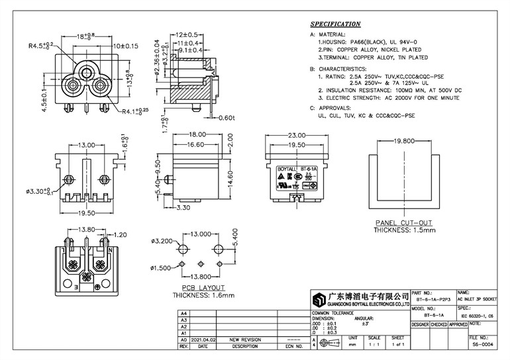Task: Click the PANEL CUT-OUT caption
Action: coord(404,223)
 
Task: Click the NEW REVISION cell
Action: coord(246,338)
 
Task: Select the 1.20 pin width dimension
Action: coord(120,235)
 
